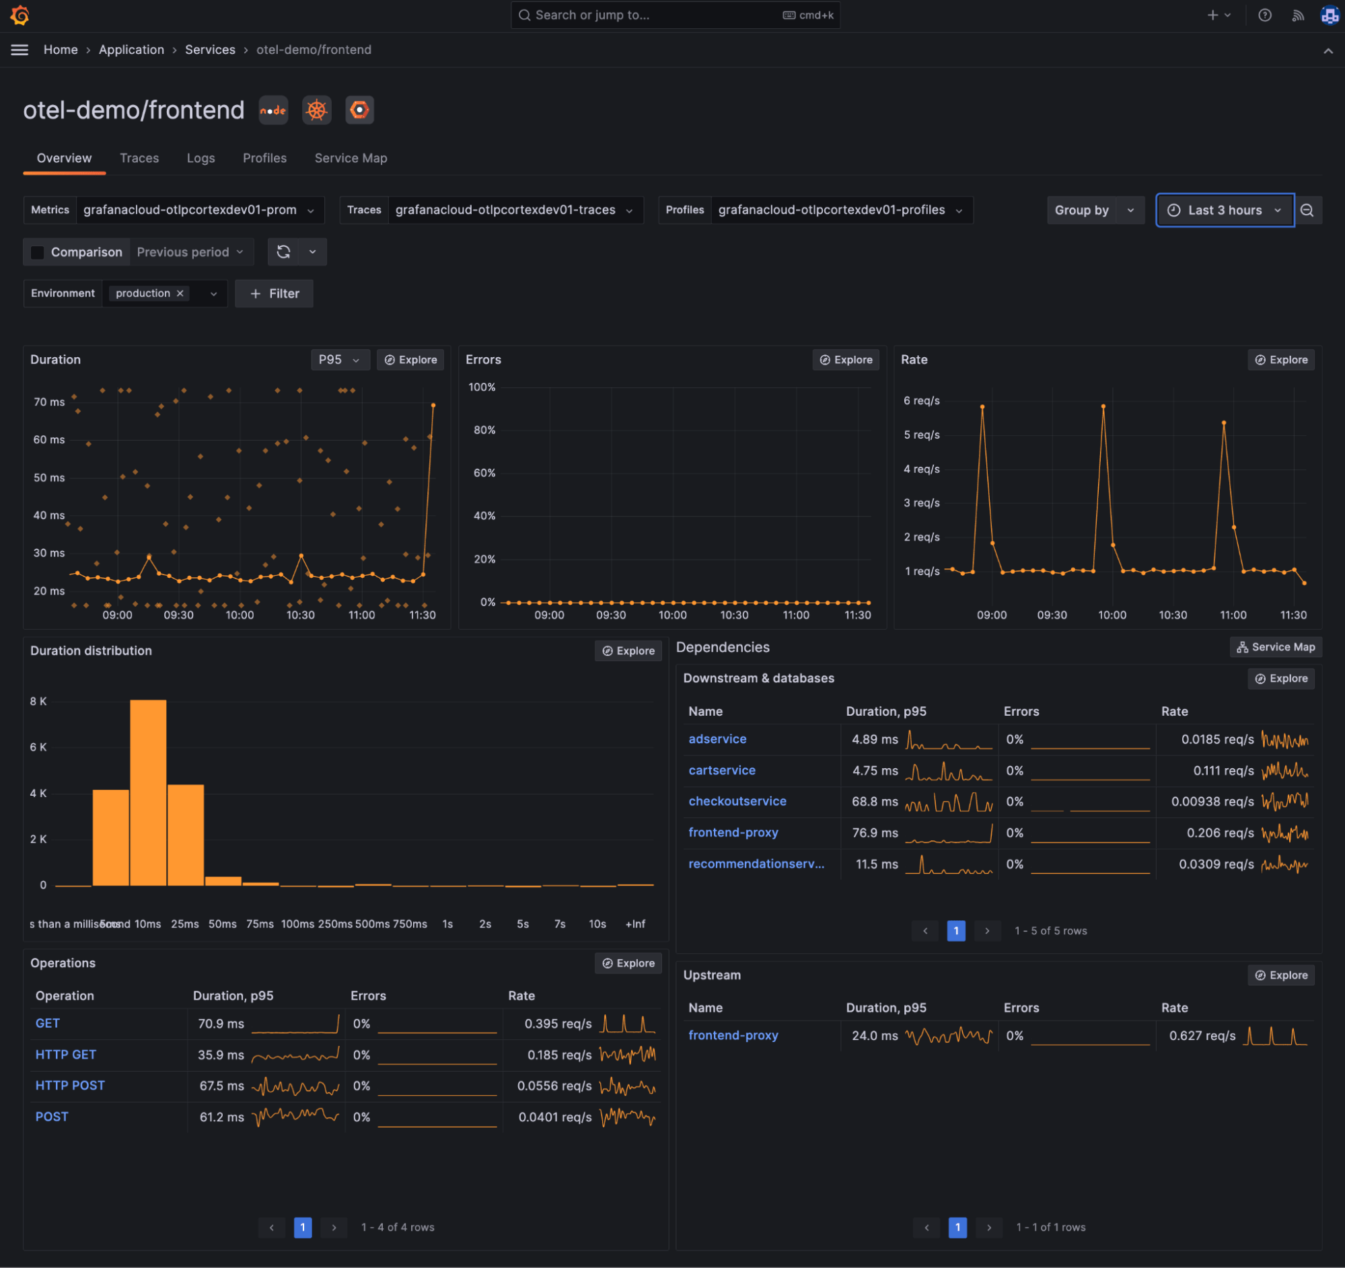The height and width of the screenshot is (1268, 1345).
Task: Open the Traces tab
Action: [139, 158]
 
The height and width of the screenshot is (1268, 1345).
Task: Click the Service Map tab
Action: [351, 158]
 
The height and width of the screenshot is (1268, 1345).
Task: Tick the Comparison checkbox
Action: [38, 252]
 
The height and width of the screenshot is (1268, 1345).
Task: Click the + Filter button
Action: [274, 293]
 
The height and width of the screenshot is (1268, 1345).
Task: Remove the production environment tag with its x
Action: [180, 293]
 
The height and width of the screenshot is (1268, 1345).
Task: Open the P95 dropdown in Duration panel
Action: [339, 360]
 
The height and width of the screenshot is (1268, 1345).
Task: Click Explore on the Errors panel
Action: [845, 360]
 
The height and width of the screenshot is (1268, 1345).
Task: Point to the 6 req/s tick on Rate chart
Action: [921, 401]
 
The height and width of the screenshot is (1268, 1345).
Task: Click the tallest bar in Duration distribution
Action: [148, 792]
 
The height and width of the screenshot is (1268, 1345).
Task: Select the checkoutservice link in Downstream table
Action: [737, 801]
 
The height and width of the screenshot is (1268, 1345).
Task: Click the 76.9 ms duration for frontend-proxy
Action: [874, 833]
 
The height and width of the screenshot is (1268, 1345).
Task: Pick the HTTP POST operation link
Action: [70, 1086]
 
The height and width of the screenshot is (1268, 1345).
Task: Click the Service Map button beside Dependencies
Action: [1275, 647]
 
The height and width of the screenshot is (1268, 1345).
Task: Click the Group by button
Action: [1081, 211]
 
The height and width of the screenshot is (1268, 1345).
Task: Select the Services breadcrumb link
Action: [210, 50]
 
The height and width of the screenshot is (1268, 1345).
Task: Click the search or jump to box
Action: [675, 15]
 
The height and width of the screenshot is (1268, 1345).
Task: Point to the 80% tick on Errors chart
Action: [484, 430]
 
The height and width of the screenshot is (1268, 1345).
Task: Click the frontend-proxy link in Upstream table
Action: [733, 1035]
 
